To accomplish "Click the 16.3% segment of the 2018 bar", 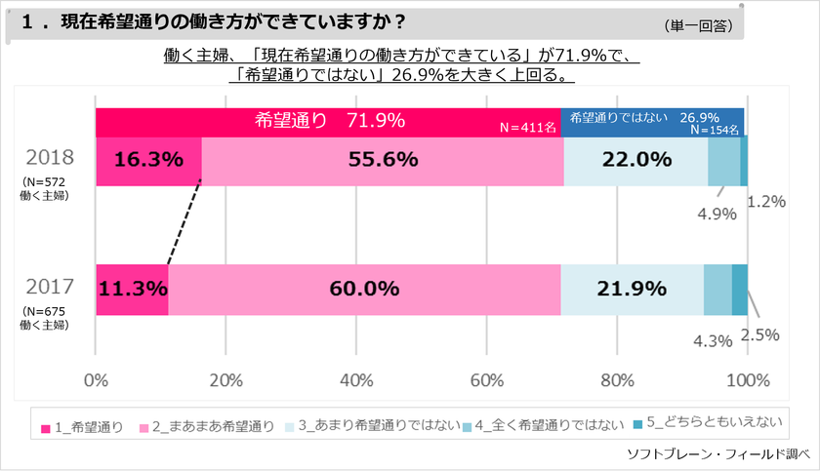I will click(x=148, y=161).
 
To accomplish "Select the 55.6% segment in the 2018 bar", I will click(x=383, y=161).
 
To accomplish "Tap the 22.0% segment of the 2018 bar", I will click(x=635, y=161).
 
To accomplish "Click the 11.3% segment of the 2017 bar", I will click(x=132, y=290).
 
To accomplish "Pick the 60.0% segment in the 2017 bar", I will click(x=364, y=290).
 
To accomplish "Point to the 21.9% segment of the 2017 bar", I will click(x=632, y=290).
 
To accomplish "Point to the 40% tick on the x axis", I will click(x=356, y=379).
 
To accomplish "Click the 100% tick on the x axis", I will click(x=749, y=379).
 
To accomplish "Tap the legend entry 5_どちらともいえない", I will click(x=711, y=422).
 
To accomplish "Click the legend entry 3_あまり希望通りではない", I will click(x=364, y=426).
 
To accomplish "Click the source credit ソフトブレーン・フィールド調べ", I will click(x=717, y=454).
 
